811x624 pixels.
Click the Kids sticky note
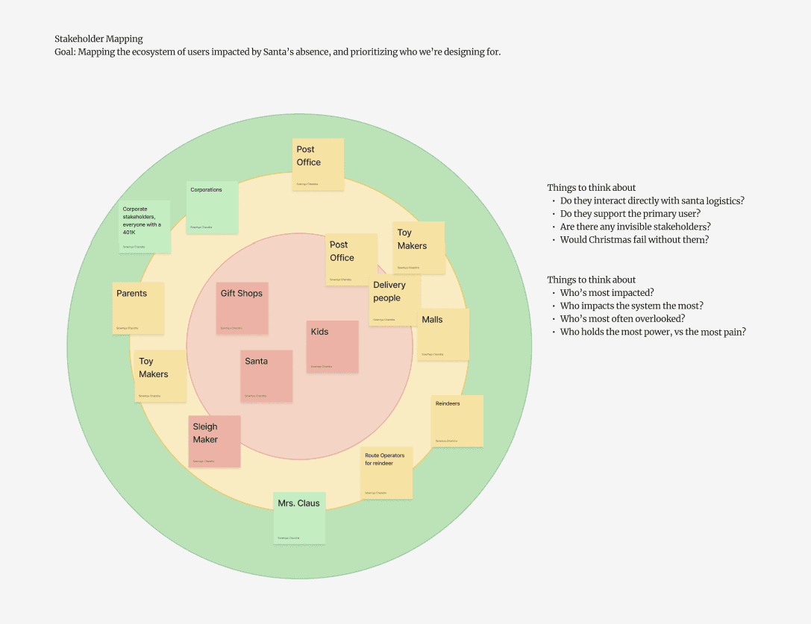click(333, 347)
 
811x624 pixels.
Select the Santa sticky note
click(266, 376)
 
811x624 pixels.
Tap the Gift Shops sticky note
click(242, 308)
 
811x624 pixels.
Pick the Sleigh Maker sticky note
click(215, 441)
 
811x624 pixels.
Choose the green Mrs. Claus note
click(299, 517)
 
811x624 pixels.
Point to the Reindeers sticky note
click(457, 421)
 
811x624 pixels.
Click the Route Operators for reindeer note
click(386, 473)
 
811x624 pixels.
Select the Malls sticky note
click(443, 335)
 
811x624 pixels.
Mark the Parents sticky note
click(138, 308)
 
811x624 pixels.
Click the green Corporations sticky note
click(212, 207)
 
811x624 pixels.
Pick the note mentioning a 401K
click(144, 227)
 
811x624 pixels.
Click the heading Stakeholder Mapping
click(98, 39)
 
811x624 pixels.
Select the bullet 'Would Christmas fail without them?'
click(634, 240)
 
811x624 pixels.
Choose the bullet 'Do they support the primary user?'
click(630, 214)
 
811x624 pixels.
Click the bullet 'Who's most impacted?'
click(606, 293)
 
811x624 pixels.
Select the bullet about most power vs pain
click(653, 333)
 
